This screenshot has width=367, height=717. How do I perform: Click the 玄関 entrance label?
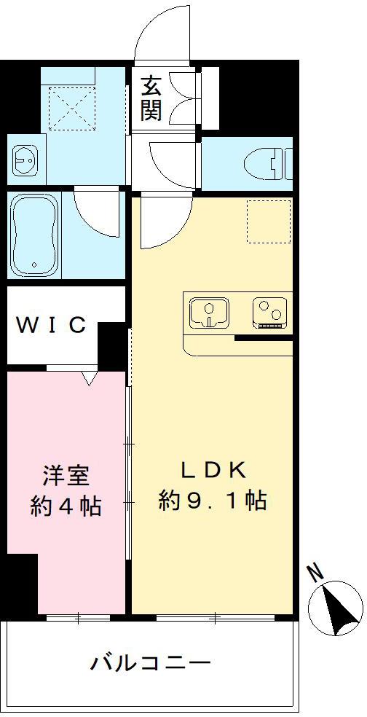pos(152,98)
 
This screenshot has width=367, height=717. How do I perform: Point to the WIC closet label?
pos(52,325)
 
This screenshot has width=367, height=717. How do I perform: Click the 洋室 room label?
pos(66,476)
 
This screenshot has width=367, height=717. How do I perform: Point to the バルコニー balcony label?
pos(151,663)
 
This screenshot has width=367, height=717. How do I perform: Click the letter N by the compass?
pos(315,573)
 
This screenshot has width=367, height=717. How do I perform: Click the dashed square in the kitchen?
pos(268,220)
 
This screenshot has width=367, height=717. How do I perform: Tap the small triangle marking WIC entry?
pos(90,378)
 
